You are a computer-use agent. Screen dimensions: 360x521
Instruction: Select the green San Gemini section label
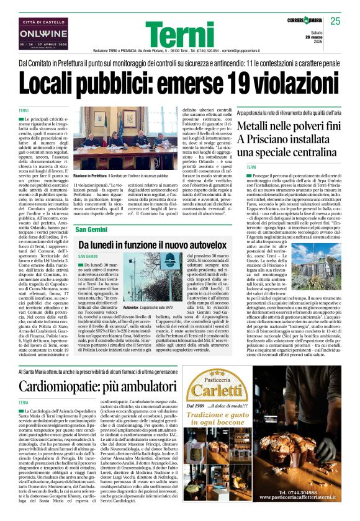point(92,231)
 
